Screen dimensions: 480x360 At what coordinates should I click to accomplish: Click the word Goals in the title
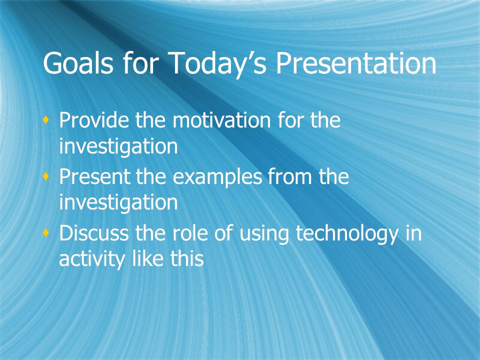[78, 62]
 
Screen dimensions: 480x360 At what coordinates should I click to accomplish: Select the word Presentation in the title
[356, 62]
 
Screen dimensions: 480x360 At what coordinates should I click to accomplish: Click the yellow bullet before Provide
[46, 120]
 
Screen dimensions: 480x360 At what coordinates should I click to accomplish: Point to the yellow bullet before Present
[46, 176]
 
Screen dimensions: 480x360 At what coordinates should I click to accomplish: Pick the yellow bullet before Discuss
[46, 233]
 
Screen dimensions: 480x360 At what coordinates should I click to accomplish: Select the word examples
[217, 177]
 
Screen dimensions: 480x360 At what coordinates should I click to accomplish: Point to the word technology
[347, 234]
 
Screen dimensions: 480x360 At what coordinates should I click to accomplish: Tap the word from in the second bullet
[289, 176]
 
